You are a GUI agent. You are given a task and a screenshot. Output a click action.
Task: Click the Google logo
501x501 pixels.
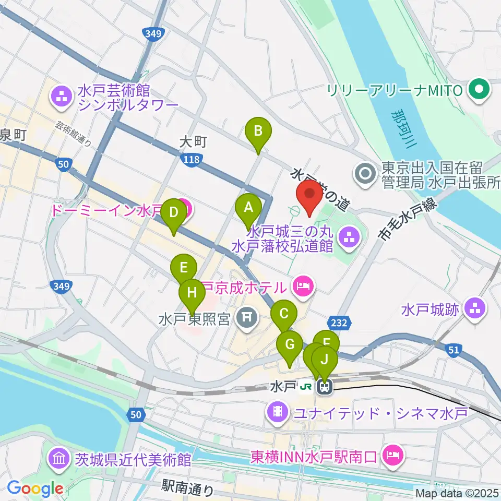35,489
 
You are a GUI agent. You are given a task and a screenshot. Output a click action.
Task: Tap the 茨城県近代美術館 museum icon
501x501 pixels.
58,460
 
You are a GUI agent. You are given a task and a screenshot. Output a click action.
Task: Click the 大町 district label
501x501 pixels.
194,141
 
